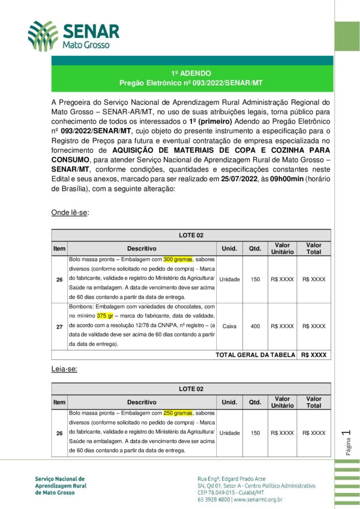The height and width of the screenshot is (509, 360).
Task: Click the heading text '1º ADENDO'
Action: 191,73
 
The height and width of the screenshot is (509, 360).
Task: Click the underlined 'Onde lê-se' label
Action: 70,213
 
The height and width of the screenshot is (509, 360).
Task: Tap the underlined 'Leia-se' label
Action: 64,369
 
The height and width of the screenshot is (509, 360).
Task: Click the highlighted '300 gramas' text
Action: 178,259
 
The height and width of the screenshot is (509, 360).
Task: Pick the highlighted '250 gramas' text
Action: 178,413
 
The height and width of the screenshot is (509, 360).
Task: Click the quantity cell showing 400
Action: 255,326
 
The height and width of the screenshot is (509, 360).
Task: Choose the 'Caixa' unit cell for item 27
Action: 229,326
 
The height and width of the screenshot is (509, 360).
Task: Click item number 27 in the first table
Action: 59,326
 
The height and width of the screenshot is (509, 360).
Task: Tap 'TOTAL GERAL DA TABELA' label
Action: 255,355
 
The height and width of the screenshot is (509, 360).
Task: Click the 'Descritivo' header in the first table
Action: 142,249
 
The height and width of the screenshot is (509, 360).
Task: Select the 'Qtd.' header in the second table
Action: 255,402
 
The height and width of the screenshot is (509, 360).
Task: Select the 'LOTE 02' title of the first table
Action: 191,235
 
